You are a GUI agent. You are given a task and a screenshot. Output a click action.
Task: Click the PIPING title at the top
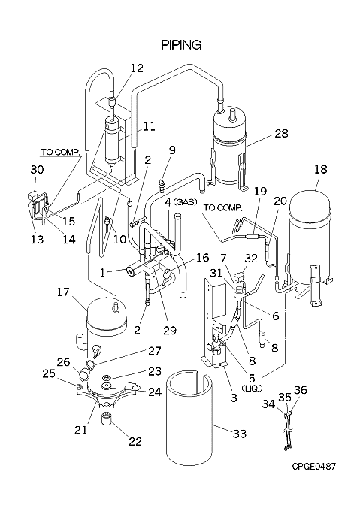pyautogui.click(x=181, y=45)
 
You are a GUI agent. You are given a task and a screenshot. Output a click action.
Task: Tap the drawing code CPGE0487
pyautogui.click(x=313, y=467)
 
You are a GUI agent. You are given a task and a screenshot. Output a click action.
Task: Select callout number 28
pyautogui.click(x=281, y=133)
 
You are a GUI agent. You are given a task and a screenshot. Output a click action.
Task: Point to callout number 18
pyautogui.click(x=321, y=169)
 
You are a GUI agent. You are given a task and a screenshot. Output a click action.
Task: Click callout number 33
pyautogui.click(x=240, y=434)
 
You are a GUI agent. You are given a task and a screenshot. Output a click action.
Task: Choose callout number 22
pyautogui.click(x=135, y=441)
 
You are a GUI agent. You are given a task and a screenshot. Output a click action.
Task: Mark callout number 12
pyautogui.click(x=137, y=68)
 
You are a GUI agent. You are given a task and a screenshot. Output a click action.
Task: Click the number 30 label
pyautogui.click(x=37, y=170)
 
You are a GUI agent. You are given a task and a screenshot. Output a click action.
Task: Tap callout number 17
pyautogui.click(x=63, y=292)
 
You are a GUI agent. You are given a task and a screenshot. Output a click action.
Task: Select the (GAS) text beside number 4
pyautogui.click(x=186, y=202)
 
